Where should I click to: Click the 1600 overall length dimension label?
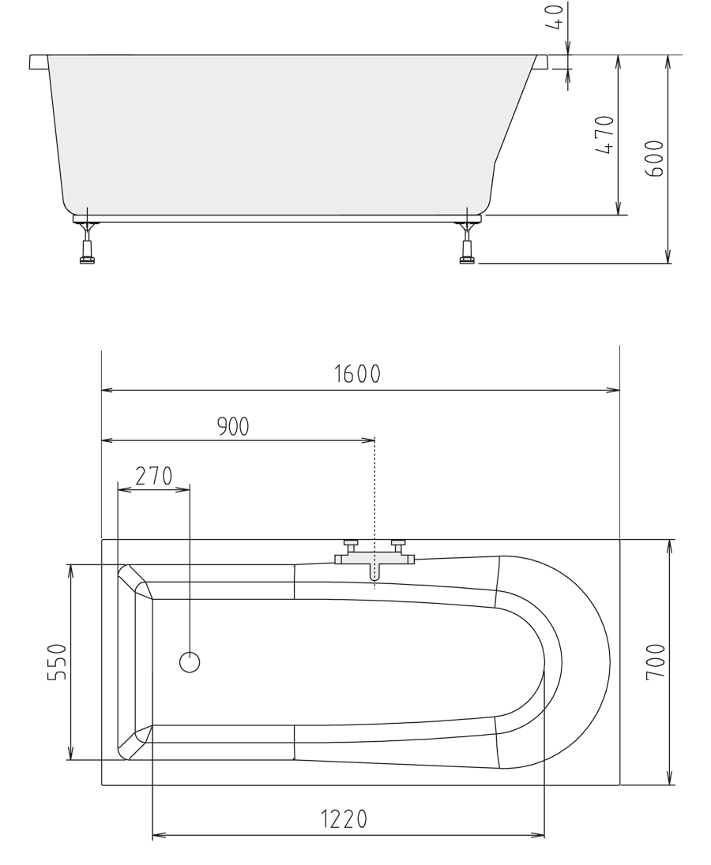tap(357, 373)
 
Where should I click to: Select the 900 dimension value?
tap(233, 426)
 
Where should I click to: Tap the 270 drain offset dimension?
tap(153, 476)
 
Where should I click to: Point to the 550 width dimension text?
tap(56, 663)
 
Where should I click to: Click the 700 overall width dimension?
tap(656, 662)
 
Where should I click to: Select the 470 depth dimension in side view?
tap(604, 135)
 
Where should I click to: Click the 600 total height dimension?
tap(655, 158)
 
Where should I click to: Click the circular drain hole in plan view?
tap(190, 662)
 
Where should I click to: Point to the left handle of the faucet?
tap(350, 544)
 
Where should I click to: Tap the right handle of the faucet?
tap(398, 544)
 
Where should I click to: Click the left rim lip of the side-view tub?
tap(38, 62)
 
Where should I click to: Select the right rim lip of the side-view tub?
tap(541, 62)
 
